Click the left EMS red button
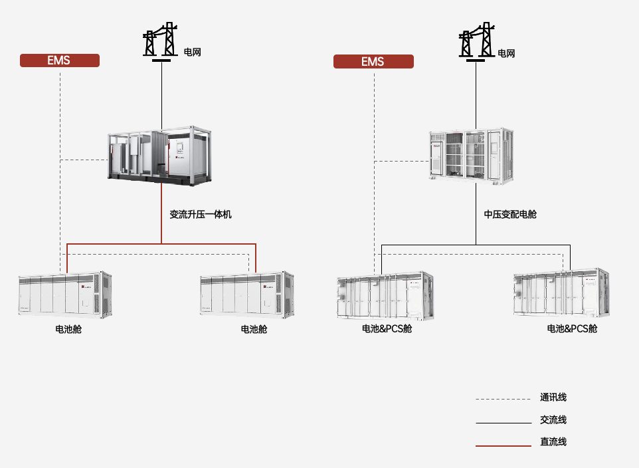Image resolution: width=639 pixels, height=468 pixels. click(x=60, y=60)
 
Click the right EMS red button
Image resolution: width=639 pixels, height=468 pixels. click(x=373, y=62)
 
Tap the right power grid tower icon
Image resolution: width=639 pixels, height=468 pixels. click(x=476, y=42)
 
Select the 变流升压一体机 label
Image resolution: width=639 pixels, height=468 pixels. click(x=201, y=214)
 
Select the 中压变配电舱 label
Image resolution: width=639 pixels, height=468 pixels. click(x=510, y=214)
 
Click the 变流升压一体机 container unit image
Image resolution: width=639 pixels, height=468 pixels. click(x=159, y=156)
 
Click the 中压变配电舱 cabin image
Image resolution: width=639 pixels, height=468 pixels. click(x=472, y=156)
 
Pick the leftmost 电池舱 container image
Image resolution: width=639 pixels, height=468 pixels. click(x=65, y=294)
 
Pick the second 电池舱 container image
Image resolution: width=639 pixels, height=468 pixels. click(x=246, y=294)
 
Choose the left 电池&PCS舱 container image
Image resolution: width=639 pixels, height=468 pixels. click(x=385, y=296)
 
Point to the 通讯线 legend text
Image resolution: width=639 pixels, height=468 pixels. click(x=553, y=398)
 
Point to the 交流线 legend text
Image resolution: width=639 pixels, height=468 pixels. click(x=553, y=420)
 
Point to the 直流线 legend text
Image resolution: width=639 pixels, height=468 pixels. click(x=553, y=442)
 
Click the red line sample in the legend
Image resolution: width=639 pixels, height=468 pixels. click(x=503, y=446)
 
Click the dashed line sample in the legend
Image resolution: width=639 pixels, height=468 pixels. click(x=503, y=399)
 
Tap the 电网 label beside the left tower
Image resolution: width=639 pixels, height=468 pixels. click(x=193, y=53)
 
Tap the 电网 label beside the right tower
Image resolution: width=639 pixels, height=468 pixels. click(x=506, y=53)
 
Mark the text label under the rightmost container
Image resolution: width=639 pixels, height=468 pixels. click(x=572, y=329)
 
